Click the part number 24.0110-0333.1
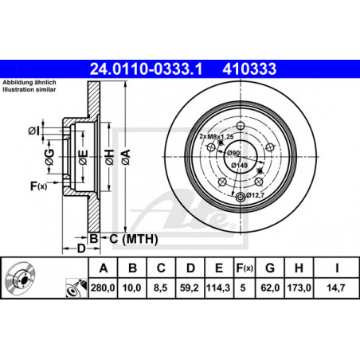[x=146, y=68]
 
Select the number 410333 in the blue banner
[x=249, y=68]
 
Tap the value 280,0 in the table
[x=103, y=288]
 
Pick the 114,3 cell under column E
[x=218, y=288]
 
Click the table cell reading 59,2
[x=190, y=288]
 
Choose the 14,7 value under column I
[x=336, y=288]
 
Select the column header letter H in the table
[x=299, y=268]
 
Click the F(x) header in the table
[x=245, y=268]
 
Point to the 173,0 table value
[x=299, y=288]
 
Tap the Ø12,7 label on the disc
[x=255, y=195]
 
